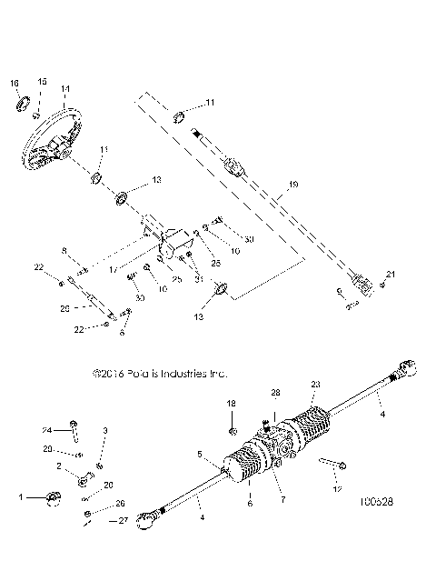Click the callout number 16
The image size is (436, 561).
pyautogui.click(x=14, y=83)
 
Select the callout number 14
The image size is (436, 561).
pyautogui.click(x=64, y=89)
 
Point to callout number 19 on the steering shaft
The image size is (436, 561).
pyautogui.click(x=292, y=185)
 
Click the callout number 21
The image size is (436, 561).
pyautogui.click(x=391, y=273)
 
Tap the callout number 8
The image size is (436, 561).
pyautogui.click(x=64, y=250)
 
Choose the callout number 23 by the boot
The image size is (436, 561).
pyautogui.click(x=316, y=385)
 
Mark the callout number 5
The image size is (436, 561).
pyautogui.click(x=198, y=453)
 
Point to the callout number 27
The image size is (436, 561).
pyautogui.click(x=124, y=522)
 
